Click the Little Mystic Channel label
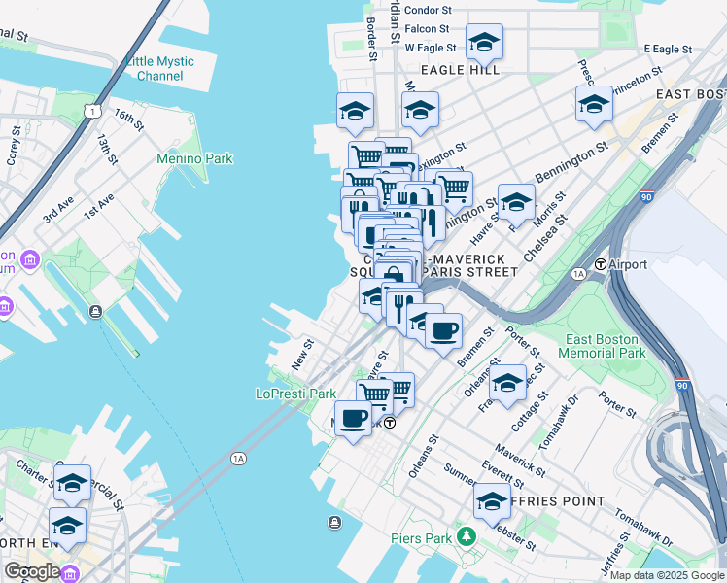[159, 68]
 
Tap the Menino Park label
[195, 157]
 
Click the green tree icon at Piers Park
[467, 535]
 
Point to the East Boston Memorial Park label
[604, 346]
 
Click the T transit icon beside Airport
[601, 264]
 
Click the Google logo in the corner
[31, 570]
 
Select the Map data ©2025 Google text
[666, 575]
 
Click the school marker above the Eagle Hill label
[483, 42]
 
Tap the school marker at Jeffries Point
[492, 501]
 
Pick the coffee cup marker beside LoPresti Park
[353, 418]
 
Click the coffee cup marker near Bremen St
[444, 330]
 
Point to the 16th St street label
[128, 120]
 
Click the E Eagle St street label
[667, 49]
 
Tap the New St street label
[302, 354]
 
